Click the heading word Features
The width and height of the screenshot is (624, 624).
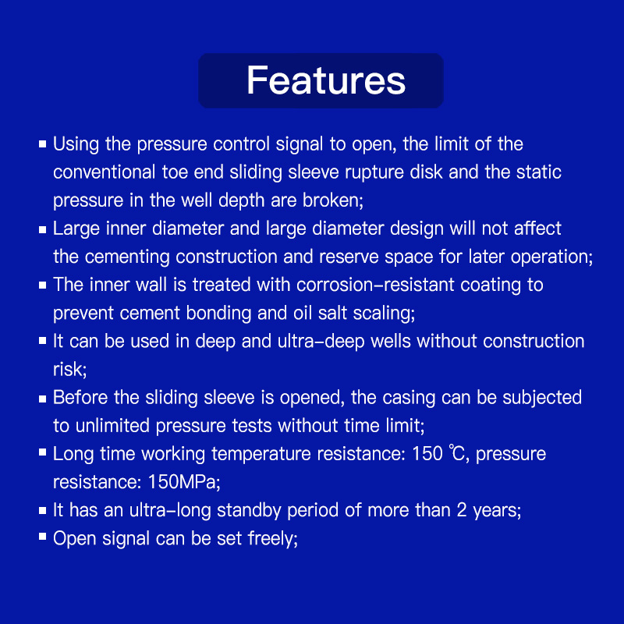[326, 80]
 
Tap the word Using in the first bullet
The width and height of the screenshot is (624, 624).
[76, 144]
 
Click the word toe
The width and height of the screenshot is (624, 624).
[175, 172]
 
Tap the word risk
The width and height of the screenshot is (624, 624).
[68, 370]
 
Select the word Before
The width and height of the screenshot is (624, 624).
[80, 398]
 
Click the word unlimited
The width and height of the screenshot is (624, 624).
[112, 426]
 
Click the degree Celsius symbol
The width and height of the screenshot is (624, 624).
[456, 453]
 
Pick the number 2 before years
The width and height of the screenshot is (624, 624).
[462, 511]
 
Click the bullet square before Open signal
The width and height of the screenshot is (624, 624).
[43, 537]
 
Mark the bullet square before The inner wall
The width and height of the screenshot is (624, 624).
[43, 285]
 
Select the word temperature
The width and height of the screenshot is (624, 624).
[261, 454]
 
